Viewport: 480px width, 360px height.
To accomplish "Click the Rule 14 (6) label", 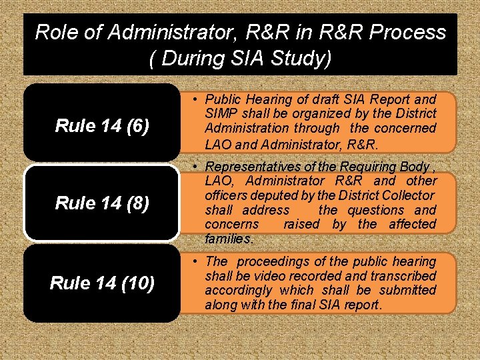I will [101, 125].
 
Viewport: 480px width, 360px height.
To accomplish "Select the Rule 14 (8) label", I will [101, 203].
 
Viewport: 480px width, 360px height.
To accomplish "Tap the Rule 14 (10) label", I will [102, 283].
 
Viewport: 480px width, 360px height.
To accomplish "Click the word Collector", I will [409, 195].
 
